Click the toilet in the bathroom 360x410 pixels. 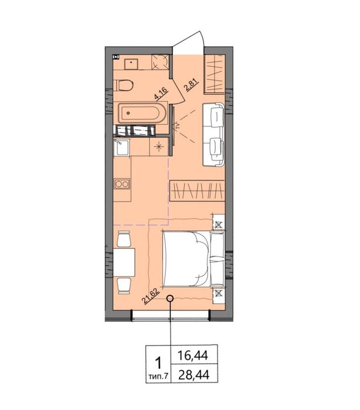(x=124, y=85)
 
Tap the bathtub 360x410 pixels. (x=142, y=113)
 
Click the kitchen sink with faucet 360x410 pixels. (x=121, y=148)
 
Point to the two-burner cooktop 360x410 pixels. (x=122, y=184)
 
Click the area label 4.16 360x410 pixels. (x=161, y=94)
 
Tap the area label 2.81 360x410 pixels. (x=192, y=85)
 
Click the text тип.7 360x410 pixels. (x=158, y=377)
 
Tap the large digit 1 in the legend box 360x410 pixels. (x=158, y=364)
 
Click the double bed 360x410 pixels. (x=193, y=258)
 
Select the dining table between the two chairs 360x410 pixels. (x=124, y=262)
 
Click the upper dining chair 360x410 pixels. (x=124, y=239)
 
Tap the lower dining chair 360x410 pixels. (x=124, y=286)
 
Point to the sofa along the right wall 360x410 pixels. (x=213, y=134)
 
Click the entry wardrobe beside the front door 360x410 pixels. (x=215, y=74)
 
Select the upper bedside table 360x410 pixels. (x=219, y=222)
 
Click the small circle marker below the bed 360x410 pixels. (x=170, y=298)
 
